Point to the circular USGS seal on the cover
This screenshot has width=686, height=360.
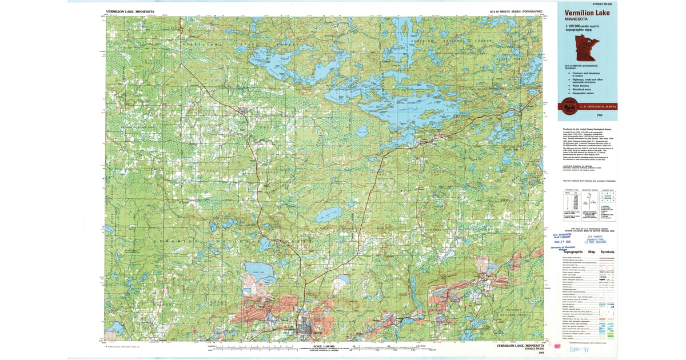[568, 106]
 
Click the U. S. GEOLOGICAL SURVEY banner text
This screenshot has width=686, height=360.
[598, 106]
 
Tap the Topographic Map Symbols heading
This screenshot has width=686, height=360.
[589, 252]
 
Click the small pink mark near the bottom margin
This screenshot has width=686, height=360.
[555, 346]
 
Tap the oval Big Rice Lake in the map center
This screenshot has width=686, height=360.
[329, 215]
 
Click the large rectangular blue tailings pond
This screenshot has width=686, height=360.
[260, 273]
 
